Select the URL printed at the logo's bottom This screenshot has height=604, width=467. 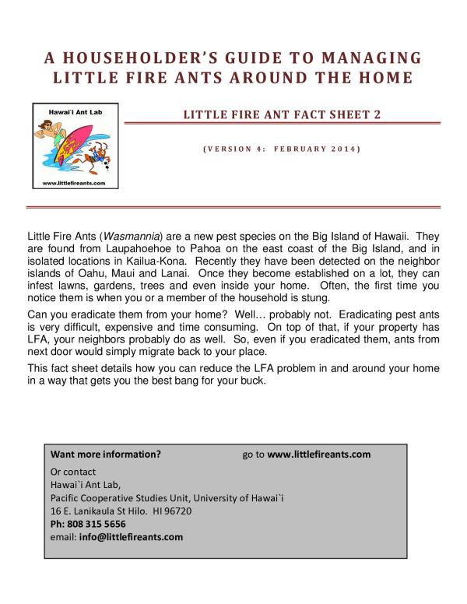click(x=71, y=183)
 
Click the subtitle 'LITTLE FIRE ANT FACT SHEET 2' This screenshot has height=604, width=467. click(x=282, y=115)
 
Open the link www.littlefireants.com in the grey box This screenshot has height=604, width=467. click(x=318, y=454)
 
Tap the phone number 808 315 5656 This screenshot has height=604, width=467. click(x=97, y=524)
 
